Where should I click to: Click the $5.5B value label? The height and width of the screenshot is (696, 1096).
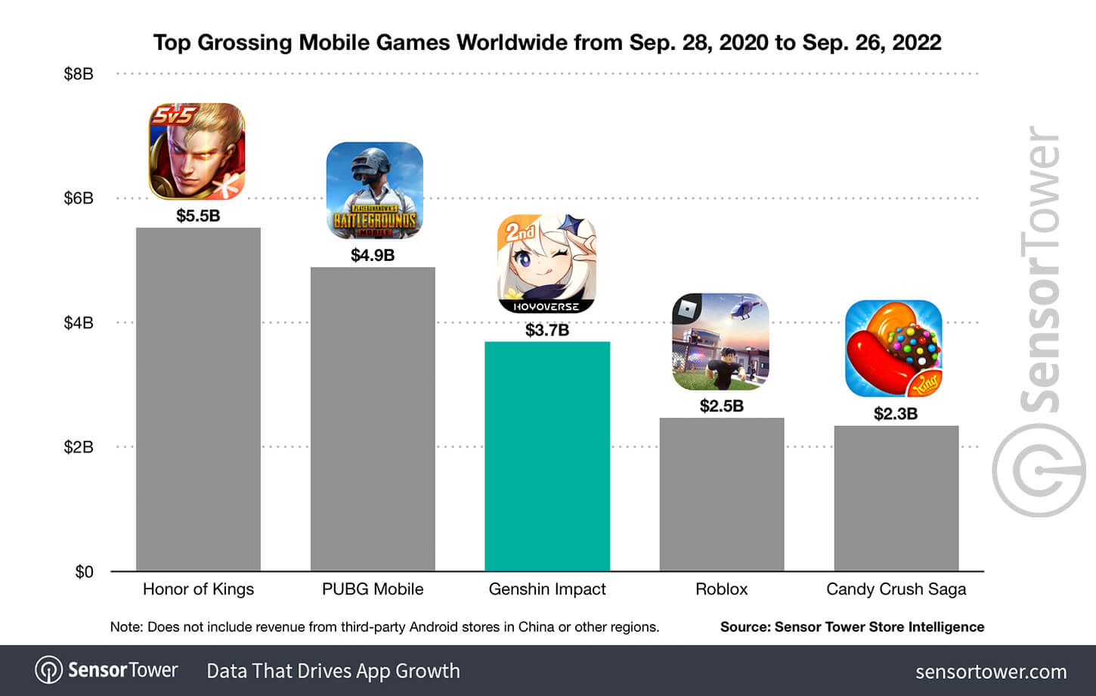[x=198, y=216]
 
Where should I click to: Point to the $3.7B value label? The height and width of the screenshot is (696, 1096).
[x=547, y=330]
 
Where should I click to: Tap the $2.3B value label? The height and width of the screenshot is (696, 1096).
[x=896, y=414]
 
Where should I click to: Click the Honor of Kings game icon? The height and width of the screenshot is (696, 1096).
[x=197, y=151]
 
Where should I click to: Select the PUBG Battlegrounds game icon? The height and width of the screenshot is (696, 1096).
[x=374, y=191]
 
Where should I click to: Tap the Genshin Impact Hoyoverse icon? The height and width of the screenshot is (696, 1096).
[x=546, y=264]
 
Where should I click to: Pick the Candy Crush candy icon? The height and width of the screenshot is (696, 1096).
[x=893, y=349]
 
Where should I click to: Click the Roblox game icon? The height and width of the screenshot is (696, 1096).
[x=720, y=342]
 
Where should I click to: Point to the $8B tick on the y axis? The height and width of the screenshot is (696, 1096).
[x=79, y=74]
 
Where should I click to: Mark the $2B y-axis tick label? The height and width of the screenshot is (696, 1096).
[x=79, y=447]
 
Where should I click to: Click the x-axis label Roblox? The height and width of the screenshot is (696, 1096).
[x=721, y=589]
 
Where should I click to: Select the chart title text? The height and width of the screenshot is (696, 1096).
[x=547, y=42]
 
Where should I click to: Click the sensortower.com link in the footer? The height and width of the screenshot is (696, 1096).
[x=990, y=672]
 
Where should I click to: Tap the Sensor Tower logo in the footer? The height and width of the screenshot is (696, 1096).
[x=107, y=670]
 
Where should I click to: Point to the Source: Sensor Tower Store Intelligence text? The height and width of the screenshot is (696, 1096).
[x=852, y=627]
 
